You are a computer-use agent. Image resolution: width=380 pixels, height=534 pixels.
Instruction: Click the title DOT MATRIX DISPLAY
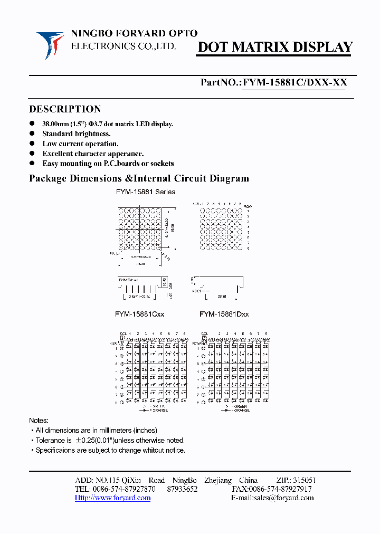click(274, 47)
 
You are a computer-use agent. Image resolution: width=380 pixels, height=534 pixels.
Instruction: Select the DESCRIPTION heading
click(65, 109)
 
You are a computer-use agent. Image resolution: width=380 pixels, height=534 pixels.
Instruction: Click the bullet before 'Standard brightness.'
click(32, 134)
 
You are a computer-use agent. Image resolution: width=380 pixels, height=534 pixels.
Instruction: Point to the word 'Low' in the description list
click(50, 144)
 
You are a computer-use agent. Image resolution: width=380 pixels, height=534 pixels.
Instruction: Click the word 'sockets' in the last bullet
click(160, 164)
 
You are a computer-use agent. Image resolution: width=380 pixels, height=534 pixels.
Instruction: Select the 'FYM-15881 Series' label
click(146, 192)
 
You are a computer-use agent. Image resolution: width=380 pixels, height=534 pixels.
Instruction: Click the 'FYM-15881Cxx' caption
click(140, 314)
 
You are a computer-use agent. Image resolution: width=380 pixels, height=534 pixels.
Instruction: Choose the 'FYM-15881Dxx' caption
click(224, 314)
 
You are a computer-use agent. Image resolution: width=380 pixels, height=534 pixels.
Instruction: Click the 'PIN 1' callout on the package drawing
click(113, 254)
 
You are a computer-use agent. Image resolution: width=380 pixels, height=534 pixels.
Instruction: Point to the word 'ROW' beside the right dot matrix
click(248, 206)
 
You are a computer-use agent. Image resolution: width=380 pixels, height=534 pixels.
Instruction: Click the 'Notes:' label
click(39, 421)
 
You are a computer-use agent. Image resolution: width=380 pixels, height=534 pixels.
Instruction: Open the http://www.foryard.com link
click(112, 498)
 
